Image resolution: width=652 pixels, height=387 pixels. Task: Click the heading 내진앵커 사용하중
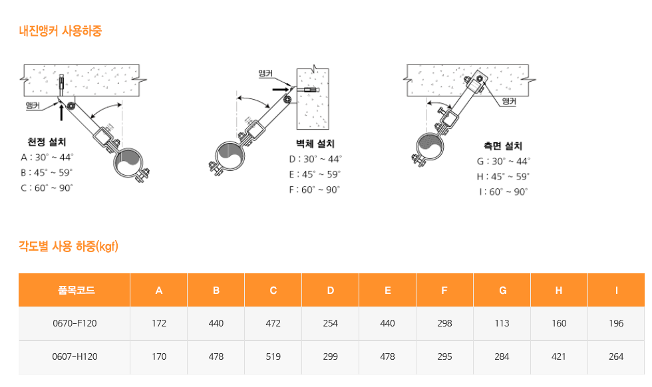tap(61, 31)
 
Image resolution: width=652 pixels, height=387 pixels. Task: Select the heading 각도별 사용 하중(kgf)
tap(69, 246)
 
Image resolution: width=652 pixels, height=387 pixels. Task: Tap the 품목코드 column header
tap(76, 290)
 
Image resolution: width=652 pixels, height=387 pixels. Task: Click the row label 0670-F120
tap(75, 323)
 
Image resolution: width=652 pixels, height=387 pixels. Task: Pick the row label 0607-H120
tap(75, 356)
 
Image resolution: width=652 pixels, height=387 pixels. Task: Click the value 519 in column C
tap(273, 356)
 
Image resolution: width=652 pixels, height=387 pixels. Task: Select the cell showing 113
tap(502, 323)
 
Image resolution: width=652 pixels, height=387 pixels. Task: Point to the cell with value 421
tap(559, 356)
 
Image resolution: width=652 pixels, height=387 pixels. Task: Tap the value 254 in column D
tap(331, 323)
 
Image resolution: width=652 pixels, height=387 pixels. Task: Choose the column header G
tap(503, 290)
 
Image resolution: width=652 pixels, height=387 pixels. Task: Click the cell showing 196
tap(616, 323)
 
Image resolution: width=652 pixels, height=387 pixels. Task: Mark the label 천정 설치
tap(47, 142)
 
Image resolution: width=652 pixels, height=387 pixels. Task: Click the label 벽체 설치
tap(315, 144)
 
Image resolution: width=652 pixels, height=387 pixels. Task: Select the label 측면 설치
tap(503, 146)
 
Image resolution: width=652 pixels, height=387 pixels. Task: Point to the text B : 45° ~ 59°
tap(47, 172)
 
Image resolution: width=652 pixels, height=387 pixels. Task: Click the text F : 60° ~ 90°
tap(315, 190)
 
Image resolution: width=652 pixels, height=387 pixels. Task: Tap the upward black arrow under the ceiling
tap(61, 112)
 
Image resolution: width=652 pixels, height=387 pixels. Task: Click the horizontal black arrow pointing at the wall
tap(281, 89)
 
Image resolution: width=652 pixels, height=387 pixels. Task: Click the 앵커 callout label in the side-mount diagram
tap(509, 101)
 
